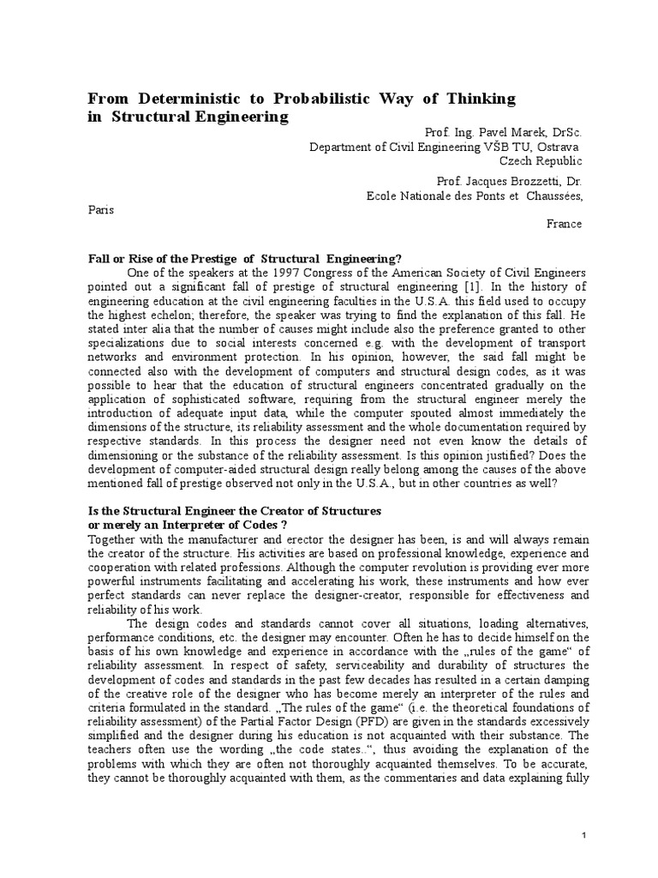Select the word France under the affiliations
(x=564, y=224)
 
